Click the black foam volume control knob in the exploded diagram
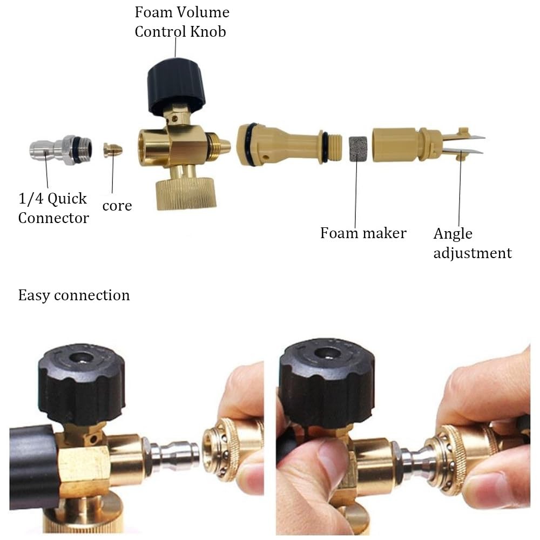[177, 86]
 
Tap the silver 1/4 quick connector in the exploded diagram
[61, 150]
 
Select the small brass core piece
[113, 150]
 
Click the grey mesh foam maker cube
[358, 149]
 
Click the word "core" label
[117, 206]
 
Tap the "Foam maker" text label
[363, 233]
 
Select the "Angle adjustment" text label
[473, 243]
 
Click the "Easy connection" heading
[74, 295]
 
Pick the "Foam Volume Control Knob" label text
[182, 22]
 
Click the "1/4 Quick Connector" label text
[53, 208]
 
